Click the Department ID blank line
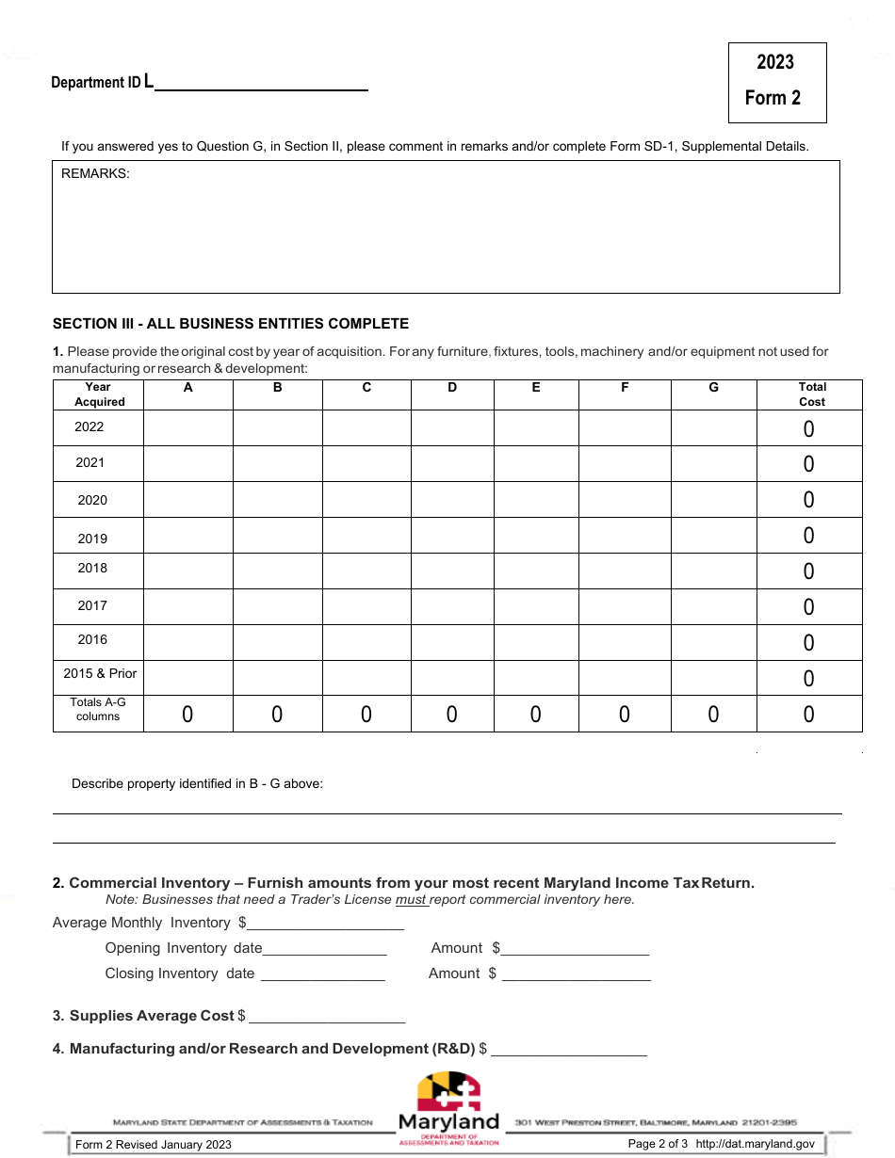click(x=260, y=85)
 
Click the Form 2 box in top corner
click(x=776, y=82)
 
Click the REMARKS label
click(x=95, y=173)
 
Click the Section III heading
click(x=231, y=324)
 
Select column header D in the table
click(x=452, y=388)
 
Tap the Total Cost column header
click(x=811, y=394)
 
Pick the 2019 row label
click(x=92, y=539)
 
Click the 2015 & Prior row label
click(x=100, y=673)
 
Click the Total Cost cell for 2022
click(x=808, y=429)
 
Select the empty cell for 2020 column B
click(x=277, y=500)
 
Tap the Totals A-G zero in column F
click(x=624, y=715)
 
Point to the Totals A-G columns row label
click(x=98, y=709)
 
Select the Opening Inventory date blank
click(x=324, y=949)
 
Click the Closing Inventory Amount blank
click(x=576, y=974)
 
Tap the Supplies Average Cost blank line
click(x=327, y=1017)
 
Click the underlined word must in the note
click(x=411, y=900)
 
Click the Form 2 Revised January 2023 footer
click(x=154, y=1145)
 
